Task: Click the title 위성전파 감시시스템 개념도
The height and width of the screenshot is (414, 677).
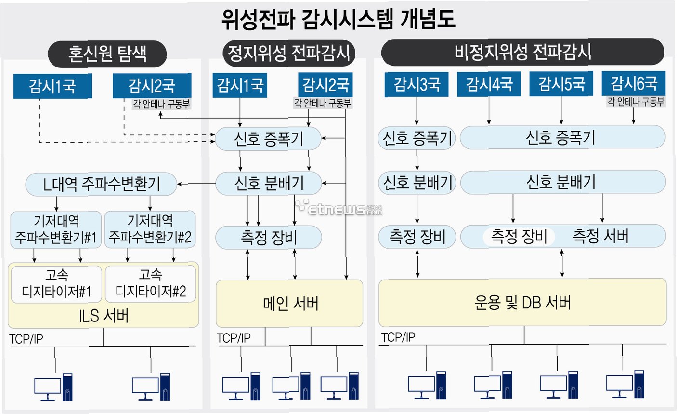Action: point(338,19)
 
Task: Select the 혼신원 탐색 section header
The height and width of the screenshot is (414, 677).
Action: point(107,53)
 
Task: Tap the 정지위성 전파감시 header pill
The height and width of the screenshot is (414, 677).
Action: point(288,53)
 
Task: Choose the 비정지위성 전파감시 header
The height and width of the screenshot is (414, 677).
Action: point(522,52)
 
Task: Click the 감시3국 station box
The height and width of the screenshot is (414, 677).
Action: point(417,85)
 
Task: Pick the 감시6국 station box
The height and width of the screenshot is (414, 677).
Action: point(634,84)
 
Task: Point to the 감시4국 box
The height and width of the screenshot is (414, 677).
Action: point(489,84)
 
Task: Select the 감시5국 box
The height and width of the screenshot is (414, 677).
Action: point(561,84)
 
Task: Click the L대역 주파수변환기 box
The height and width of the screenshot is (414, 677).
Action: point(101,184)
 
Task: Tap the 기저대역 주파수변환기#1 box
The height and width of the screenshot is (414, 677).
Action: point(56,229)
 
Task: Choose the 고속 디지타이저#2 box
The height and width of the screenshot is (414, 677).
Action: point(150,284)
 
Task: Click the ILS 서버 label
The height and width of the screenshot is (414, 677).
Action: point(104,316)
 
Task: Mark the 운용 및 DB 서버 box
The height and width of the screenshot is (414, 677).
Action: point(522,303)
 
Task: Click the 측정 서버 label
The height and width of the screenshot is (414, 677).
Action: point(600,236)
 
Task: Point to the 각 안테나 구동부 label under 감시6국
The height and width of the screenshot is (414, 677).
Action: point(636,102)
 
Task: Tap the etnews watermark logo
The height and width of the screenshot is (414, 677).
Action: point(339,208)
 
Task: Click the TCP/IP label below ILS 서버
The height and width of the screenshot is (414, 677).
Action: point(26,339)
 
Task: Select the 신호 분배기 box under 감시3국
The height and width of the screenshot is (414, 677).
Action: point(417,183)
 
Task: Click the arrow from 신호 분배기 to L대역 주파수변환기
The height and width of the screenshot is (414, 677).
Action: point(196,184)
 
